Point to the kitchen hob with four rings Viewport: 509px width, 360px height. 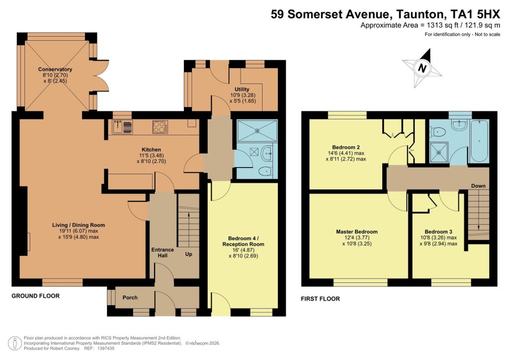160,127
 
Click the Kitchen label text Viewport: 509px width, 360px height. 151,150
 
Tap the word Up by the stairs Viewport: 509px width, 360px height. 188,254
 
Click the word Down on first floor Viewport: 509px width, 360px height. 478,186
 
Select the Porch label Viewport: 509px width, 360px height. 130,297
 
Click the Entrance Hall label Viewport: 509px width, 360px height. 163,252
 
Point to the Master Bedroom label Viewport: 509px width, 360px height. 356,232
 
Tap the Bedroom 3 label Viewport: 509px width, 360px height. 438,232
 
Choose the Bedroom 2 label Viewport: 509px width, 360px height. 346,147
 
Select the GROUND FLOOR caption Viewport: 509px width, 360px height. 35,296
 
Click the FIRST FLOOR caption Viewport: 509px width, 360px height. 321,299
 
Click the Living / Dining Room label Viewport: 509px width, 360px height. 79,225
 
